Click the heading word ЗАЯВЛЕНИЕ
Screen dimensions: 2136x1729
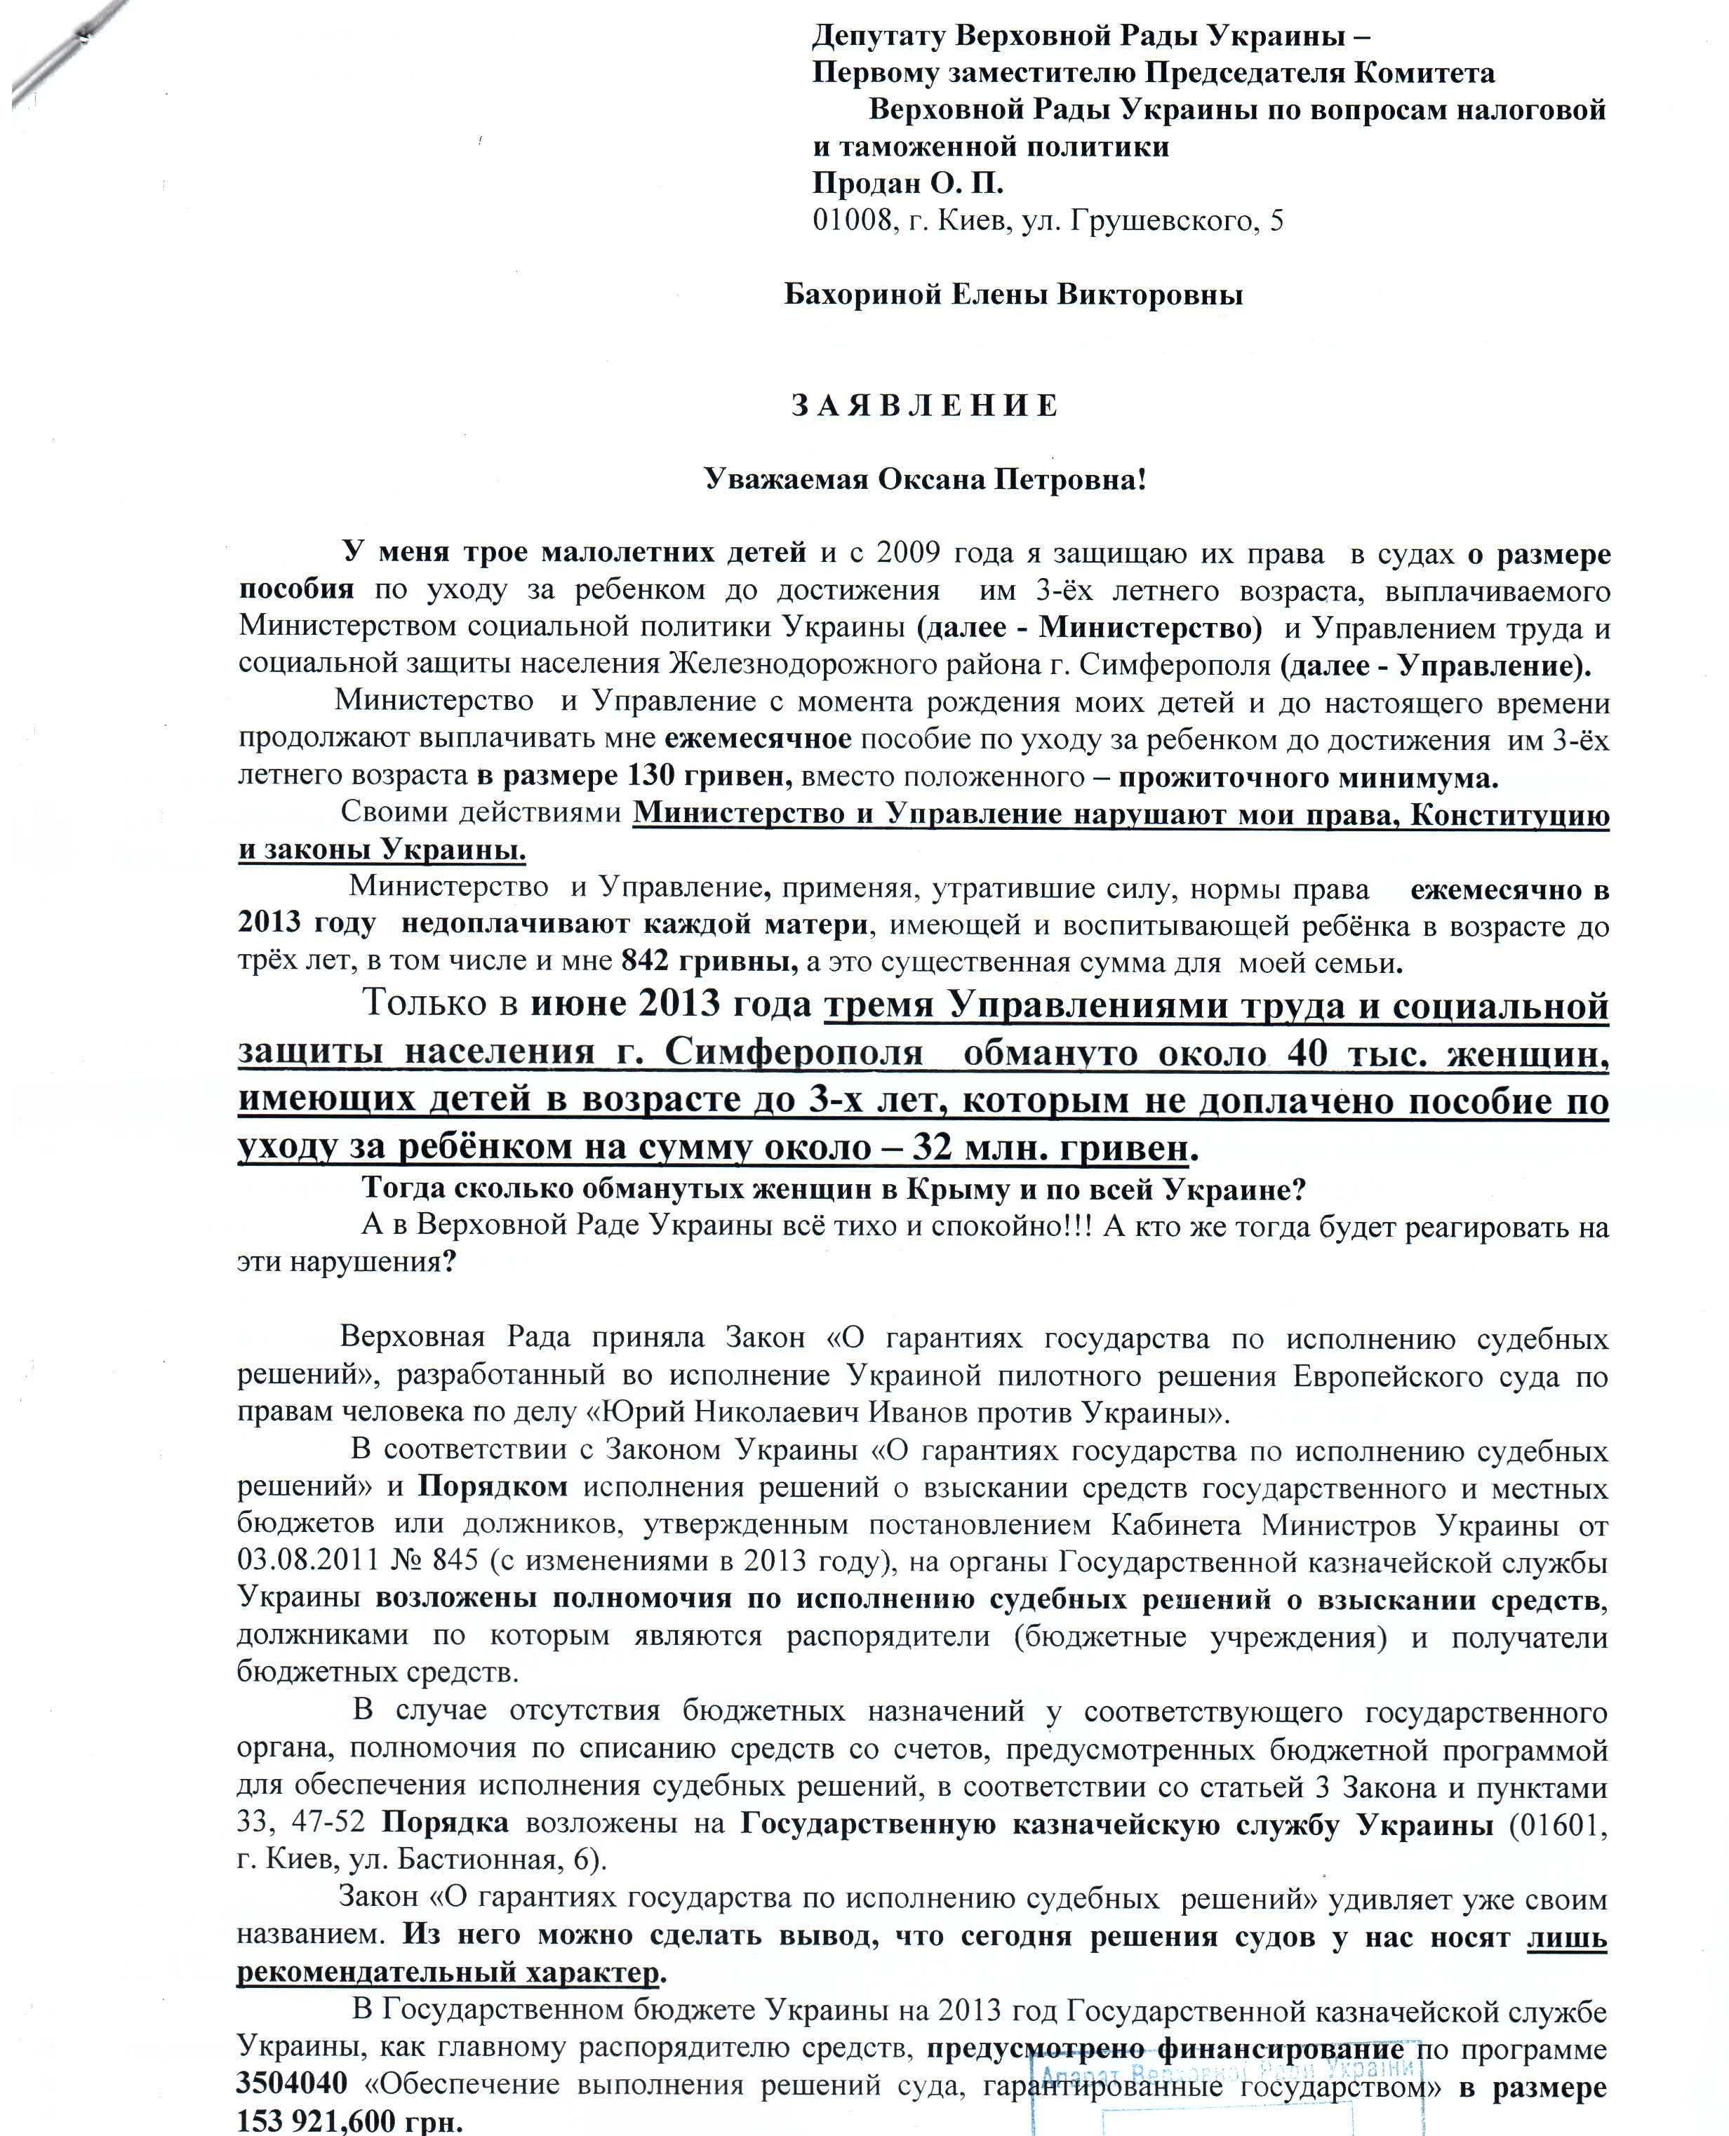(924, 406)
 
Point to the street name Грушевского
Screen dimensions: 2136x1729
(1171, 220)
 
